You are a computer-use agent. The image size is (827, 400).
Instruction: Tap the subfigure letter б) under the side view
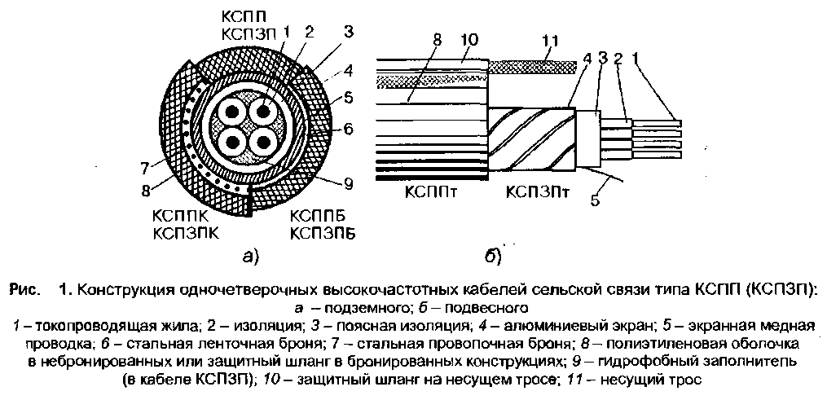(493, 257)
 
